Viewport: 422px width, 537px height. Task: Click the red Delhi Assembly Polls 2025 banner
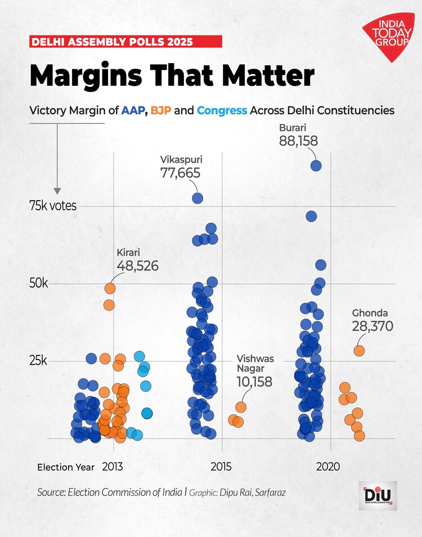coord(125,42)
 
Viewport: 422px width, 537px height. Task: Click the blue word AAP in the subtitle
coord(133,110)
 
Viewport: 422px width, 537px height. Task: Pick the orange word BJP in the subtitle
coord(161,110)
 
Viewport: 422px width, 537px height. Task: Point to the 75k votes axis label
coord(53,206)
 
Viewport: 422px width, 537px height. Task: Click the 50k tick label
coord(39,283)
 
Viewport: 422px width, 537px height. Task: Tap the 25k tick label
coord(39,361)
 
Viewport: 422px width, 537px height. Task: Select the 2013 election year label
coord(113,467)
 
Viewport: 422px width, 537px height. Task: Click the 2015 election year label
coord(222,467)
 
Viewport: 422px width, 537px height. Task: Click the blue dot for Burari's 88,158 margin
coord(316,166)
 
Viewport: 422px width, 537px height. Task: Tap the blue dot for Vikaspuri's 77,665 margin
coord(197,198)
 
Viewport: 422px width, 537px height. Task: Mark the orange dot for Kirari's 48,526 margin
coord(110,288)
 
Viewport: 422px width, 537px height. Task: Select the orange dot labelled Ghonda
coord(359,350)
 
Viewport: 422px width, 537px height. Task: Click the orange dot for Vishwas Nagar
coord(241,407)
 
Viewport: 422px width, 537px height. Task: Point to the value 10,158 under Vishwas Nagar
coord(254,382)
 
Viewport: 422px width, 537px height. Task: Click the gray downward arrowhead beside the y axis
coord(57,191)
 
